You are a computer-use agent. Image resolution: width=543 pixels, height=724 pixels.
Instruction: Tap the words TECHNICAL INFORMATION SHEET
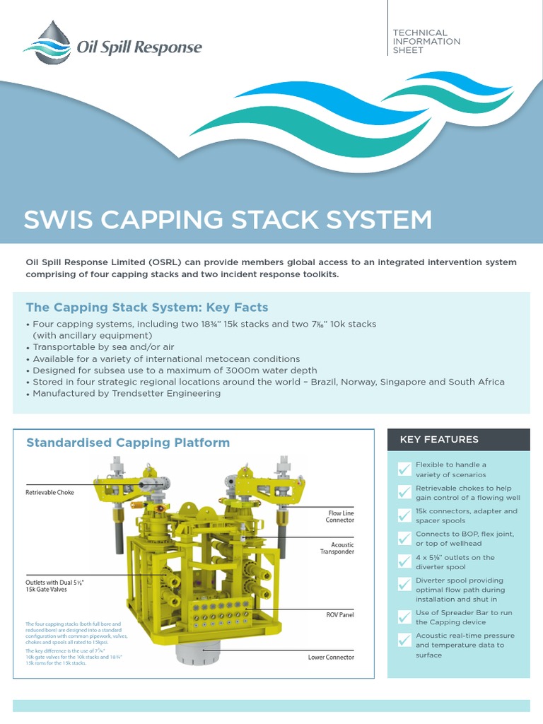tap(426, 41)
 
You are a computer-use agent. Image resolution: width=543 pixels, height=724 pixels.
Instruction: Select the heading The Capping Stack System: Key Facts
tap(147, 308)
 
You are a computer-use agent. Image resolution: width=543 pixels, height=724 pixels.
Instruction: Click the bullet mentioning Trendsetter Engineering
tap(127, 393)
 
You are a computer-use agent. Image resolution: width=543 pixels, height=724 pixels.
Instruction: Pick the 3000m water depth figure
tap(246, 370)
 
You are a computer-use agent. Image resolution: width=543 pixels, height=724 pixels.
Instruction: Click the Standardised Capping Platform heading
tap(128, 443)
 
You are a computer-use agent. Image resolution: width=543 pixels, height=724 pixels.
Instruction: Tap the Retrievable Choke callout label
tap(49, 492)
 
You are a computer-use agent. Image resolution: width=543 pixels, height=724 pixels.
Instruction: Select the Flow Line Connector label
tap(339, 516)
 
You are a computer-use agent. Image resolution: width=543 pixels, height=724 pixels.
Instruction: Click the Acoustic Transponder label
tap(337, 549)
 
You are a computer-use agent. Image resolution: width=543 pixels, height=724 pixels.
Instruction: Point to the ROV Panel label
tap(339, 615)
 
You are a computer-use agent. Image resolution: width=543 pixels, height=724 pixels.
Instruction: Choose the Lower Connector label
tap(331, 658)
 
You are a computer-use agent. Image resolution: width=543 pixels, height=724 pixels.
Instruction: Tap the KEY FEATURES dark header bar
tap(458, 439)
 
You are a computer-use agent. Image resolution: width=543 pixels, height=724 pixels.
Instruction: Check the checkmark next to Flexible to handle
tap(404, 469)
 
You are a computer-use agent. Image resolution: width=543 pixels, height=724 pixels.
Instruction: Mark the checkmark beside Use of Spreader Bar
tap(404, 617)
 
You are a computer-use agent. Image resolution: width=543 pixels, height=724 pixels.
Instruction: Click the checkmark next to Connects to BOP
tap(404, 538)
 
